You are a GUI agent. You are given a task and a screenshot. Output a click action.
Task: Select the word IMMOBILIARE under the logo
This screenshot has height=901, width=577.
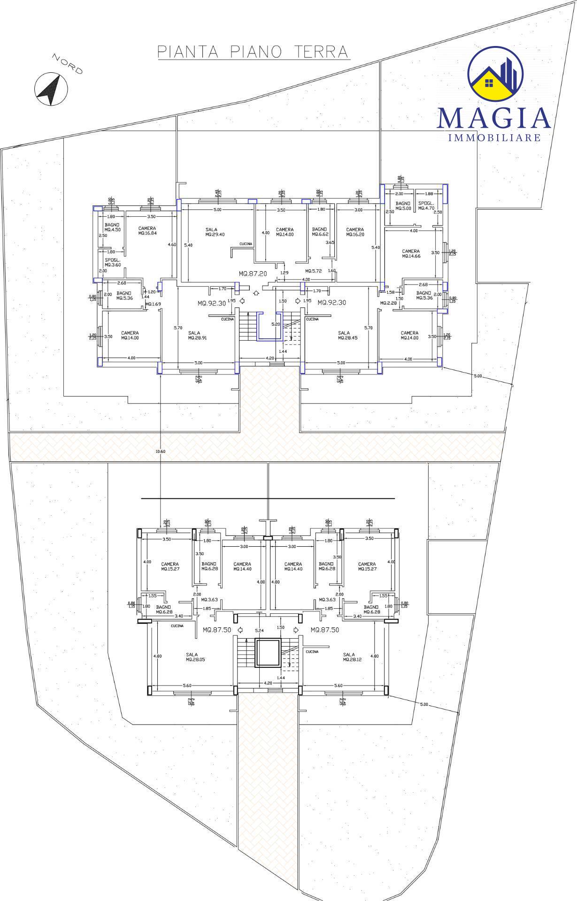pos(494,137)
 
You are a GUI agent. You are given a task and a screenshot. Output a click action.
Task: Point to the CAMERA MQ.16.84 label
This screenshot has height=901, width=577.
pos(147,230)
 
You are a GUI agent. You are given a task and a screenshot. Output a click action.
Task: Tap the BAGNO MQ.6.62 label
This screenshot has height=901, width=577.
pos(319,232)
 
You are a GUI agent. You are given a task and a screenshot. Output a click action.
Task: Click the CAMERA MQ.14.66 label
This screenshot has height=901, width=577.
pos(411,254)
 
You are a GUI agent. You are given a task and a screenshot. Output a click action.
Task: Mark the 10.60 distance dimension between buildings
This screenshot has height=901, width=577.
pos(160,451)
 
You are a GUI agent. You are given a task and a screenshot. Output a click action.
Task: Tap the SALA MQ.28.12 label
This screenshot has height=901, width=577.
pos(349,657)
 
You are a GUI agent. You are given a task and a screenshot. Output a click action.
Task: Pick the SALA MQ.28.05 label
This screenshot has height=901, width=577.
pos(192,657)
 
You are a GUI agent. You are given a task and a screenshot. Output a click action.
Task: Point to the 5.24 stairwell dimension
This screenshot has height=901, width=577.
pos(259,630)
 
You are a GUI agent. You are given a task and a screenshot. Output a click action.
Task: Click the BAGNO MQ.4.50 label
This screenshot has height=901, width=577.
pos(113,227)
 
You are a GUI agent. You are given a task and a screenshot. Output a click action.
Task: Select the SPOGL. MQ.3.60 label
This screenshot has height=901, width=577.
pos(113,262)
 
